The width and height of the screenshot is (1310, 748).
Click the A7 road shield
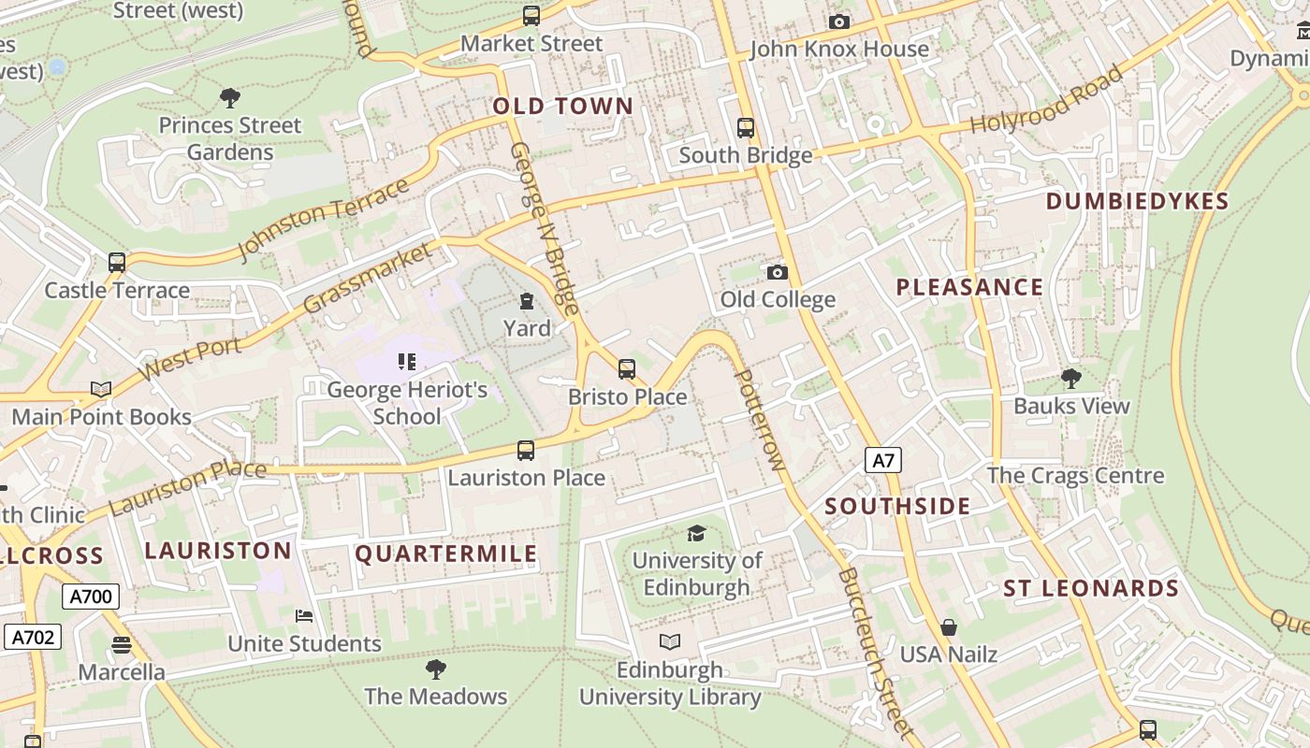882,460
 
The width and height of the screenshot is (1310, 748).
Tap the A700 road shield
91,597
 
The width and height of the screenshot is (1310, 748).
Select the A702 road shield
33,638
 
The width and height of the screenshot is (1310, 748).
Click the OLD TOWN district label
563,107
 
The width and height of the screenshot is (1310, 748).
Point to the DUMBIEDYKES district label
1137,202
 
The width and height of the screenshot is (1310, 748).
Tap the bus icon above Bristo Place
627,369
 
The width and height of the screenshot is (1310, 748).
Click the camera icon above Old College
777,273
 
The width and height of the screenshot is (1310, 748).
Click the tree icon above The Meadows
435,669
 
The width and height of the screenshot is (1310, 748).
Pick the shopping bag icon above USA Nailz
949,627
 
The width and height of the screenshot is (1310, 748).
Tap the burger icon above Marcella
122,645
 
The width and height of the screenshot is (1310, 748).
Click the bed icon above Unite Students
304,616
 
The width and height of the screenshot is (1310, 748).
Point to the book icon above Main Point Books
101,389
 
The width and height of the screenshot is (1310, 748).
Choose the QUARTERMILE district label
446,554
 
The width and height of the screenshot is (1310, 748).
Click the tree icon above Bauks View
1071,379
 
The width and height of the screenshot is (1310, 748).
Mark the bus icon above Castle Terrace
117,263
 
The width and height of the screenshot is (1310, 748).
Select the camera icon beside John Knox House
839,22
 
